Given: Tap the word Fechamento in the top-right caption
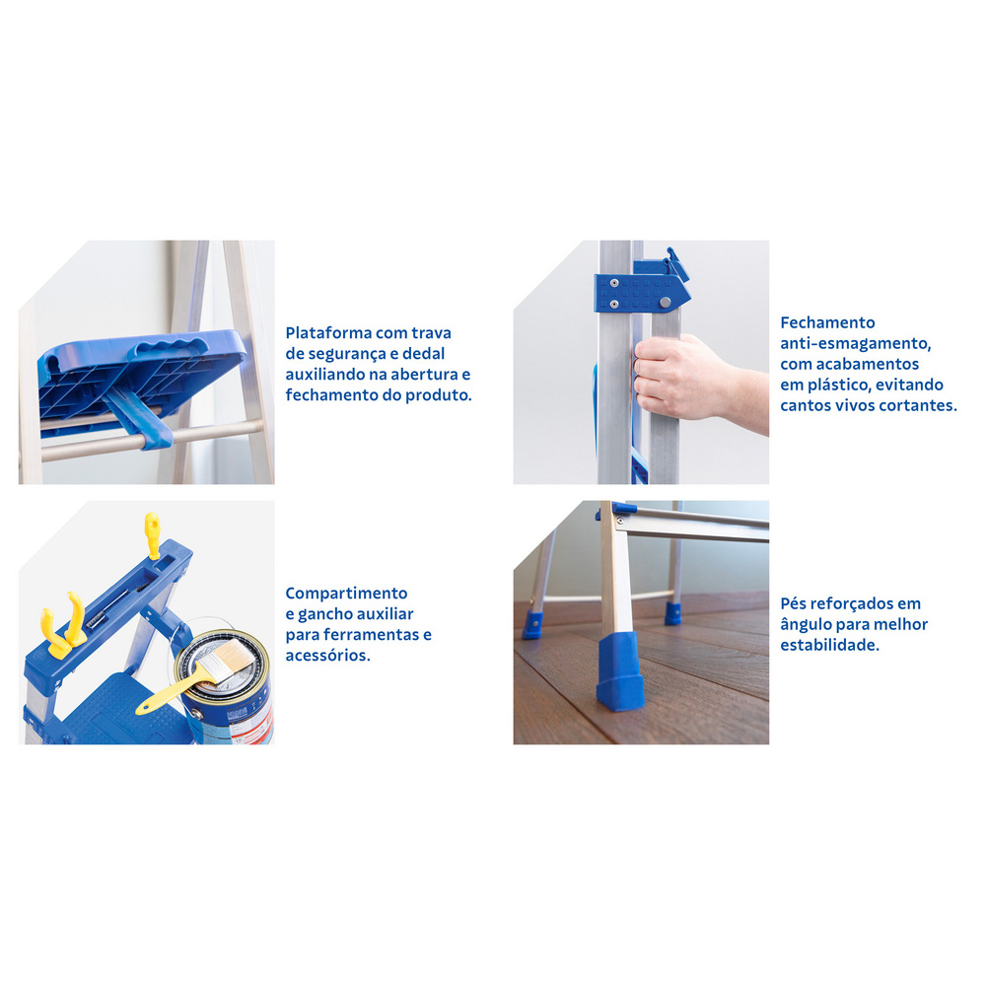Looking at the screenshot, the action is click(827, 322).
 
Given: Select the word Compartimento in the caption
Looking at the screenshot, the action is click(346, 594).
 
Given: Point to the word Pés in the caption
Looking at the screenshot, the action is click(794, 603).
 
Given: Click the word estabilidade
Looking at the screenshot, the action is click(830, 645).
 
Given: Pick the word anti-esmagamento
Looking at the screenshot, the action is click(855, 344).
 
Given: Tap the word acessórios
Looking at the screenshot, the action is click(327, 656).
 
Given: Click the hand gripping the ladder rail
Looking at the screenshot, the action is click(695, 380).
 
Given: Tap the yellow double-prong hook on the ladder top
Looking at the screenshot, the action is click(62, 625).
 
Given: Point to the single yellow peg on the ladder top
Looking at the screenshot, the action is click(152, 535).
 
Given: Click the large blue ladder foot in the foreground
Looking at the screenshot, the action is click(619, 670).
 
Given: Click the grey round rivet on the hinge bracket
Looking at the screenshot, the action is click(665, 303).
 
